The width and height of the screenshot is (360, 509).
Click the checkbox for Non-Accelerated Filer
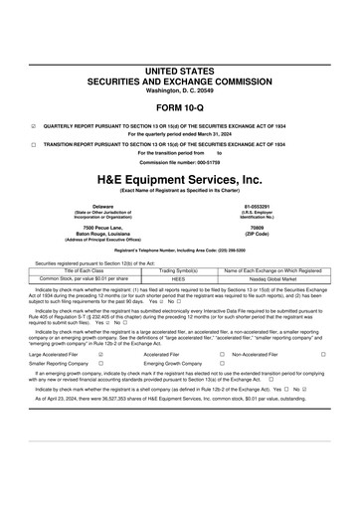tap(323, 353)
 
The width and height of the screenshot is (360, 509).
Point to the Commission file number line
tap(179, 161)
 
